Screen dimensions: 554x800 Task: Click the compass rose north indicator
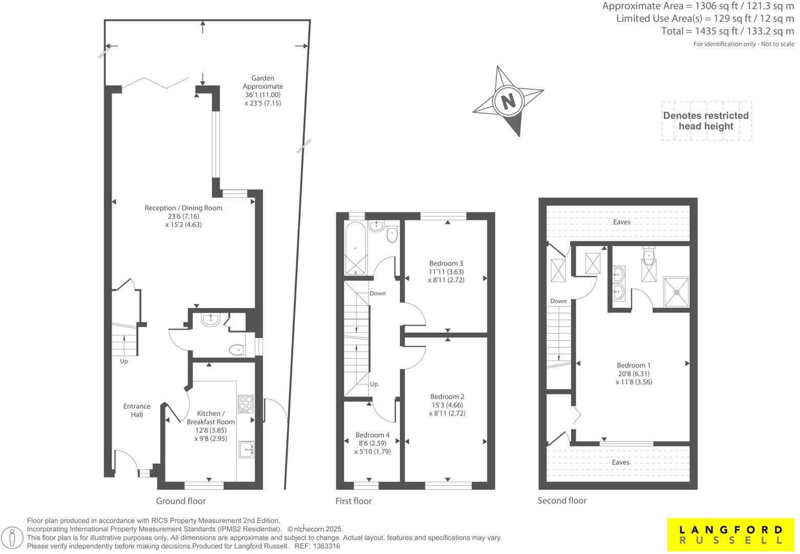click(x=508, y=101)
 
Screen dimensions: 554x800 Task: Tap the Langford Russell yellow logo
click(x=731, y=535)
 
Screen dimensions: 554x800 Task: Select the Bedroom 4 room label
click(x=372, y=443)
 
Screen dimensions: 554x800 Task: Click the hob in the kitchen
click(x=245, y=404)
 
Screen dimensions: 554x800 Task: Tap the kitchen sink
click(x=246, y=449)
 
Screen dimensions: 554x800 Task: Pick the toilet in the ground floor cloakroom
click(x=236, y=350)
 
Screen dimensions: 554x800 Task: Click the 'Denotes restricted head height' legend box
click(x=706, y=121)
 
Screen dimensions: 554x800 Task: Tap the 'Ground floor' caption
click(x=181, y=501)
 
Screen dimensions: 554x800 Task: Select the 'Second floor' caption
click(x=562, y=501)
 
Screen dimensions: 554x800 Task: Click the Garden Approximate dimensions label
click(x=263, y=91)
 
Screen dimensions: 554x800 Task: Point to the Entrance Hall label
click(x=136, y=410)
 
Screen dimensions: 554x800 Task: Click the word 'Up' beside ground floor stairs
click(x=124, y=361)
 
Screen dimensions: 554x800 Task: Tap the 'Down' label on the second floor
click(x=558, y=301)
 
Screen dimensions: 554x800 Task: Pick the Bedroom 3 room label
click(x=446, y=272)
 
